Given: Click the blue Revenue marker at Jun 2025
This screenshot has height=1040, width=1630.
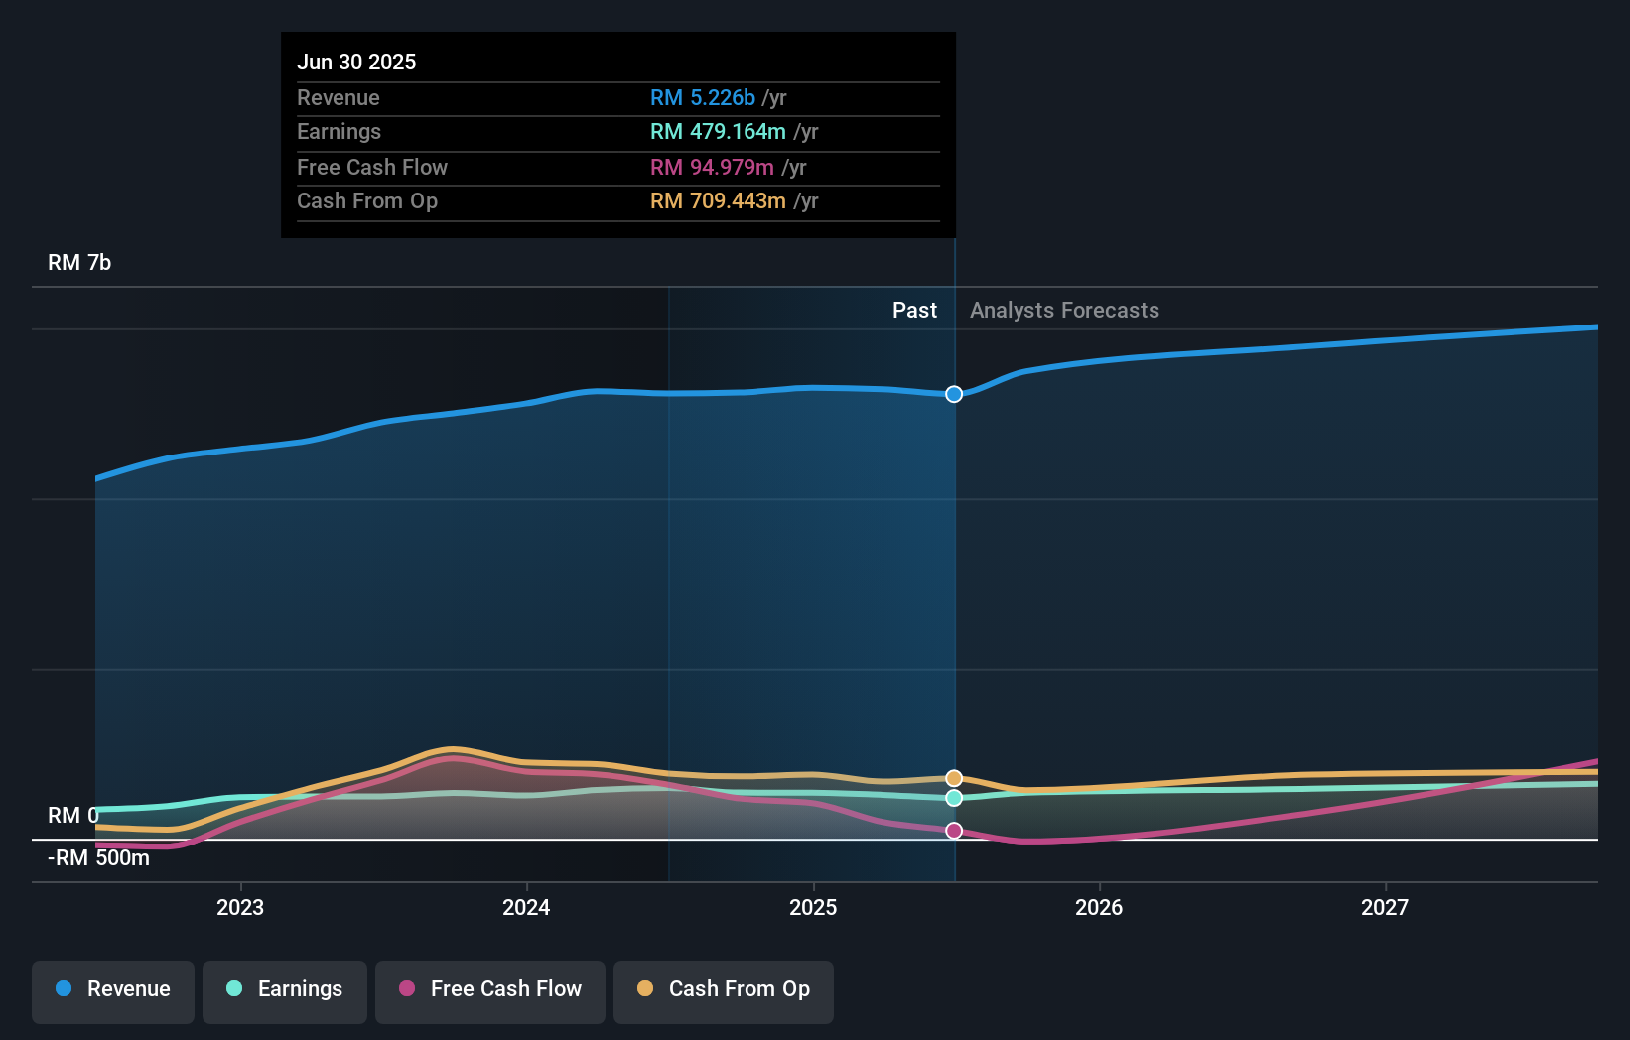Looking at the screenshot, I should click(954, 394).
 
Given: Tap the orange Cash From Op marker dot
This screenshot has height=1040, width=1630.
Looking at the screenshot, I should click(954, 778).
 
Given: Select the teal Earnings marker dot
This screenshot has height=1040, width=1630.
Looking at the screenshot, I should click(954, 798).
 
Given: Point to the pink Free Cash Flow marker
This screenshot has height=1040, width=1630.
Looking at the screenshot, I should click(954, 831).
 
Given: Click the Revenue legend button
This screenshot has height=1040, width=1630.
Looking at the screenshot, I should click(113, 990).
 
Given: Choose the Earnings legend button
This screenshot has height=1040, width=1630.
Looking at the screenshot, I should click(285, 990).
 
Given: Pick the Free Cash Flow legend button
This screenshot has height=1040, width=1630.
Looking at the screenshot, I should click(490, 990).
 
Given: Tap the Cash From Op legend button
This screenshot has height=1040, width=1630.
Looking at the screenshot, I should click(724, 990).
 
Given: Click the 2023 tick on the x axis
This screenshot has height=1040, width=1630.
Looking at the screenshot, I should click(240, 907).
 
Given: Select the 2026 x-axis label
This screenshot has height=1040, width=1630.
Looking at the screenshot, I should click(1099, 907).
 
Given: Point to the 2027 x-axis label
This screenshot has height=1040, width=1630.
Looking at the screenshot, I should click(1385, 907).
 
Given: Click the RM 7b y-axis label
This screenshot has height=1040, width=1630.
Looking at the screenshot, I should click(79, 263).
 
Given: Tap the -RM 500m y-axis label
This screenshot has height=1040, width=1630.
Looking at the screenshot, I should click(99, 858).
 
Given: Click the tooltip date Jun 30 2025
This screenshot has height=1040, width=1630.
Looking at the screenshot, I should click(356, 62).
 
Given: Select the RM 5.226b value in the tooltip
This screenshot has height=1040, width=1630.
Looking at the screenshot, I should click(703, 98).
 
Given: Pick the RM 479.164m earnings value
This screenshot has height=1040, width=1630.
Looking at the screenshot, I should click(718, 132).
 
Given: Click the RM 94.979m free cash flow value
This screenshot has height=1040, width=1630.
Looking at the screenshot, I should click(712, 168).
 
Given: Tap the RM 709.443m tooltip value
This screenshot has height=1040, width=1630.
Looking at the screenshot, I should click(718, 201).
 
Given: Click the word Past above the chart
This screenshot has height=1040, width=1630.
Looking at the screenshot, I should click(914, 311).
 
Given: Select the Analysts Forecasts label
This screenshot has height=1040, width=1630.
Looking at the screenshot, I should click(1064, 311).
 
